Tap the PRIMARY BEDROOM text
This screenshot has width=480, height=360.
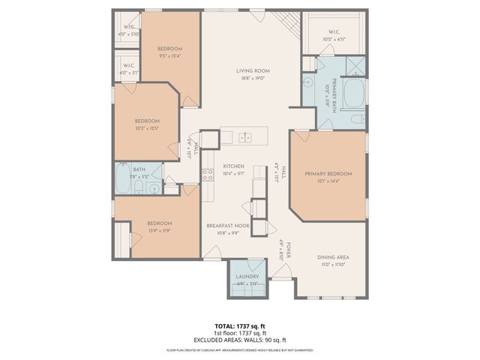tap(328, 173)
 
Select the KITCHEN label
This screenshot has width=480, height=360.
tap(233, 166)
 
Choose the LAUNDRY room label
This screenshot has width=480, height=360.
tap(247, 277)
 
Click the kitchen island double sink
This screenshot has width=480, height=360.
tap(244, 137)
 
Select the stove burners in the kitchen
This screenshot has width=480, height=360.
tap(208, 175)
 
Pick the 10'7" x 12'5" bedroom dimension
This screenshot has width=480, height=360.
tap(147, 127)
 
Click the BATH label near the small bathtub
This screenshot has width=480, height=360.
tap(139, 169)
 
